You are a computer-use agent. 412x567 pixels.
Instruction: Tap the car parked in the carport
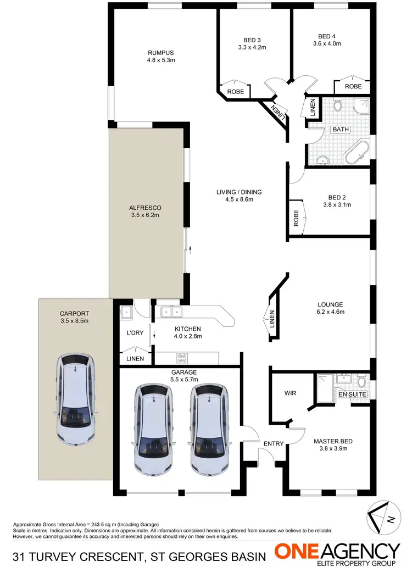(x=74, y=399)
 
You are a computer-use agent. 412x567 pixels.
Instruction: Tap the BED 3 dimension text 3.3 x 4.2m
(x=252, y=47)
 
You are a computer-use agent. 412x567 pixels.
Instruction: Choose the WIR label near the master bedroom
(x=291, y=393)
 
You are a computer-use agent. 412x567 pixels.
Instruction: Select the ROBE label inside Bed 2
(x=296, y=218)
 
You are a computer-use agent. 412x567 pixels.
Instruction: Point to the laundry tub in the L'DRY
(x=125, y=313)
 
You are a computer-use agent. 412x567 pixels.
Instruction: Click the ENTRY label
(x=273, y=443)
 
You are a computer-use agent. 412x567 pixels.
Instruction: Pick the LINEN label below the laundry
(x=135, y=359)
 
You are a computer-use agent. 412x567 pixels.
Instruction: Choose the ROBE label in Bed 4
(x=353, y=86)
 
